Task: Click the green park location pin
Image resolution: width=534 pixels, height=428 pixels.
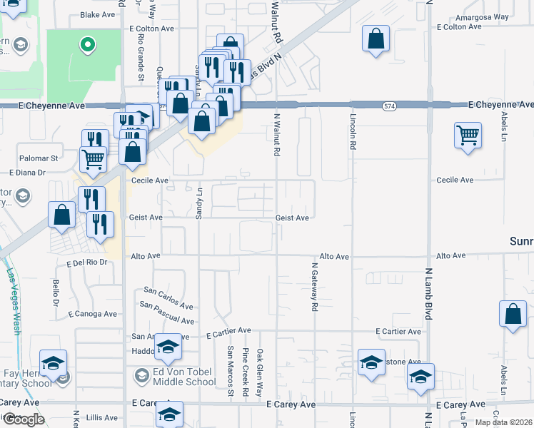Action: click(88, 46)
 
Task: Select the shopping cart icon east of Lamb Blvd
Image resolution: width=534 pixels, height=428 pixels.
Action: click(468, 134)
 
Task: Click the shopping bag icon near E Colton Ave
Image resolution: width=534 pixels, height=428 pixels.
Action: click(376, 39)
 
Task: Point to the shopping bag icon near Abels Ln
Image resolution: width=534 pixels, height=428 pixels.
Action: click(513, 315)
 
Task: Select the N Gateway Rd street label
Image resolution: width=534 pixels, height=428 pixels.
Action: click(313, 287)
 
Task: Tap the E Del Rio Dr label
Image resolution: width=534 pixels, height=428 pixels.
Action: click(86, 263)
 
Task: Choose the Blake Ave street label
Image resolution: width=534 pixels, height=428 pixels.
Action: click(98, 14)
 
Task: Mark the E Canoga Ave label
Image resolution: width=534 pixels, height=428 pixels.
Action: click(93, 314)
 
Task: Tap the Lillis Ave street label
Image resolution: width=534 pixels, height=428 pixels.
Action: click(100, 417)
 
